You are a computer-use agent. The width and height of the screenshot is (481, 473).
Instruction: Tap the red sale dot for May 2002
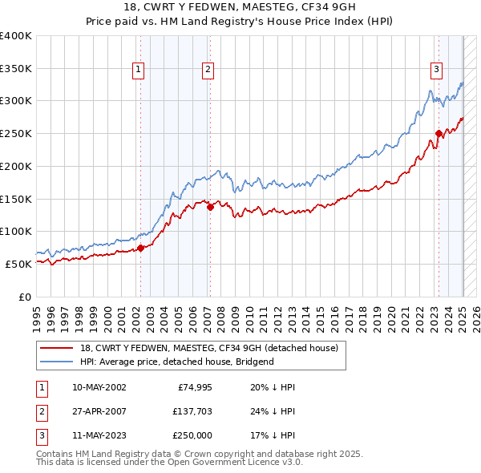tap(140, 248)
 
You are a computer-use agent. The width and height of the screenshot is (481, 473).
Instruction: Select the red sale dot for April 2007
tap(210, 207)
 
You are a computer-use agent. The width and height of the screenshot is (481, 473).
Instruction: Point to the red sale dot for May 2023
tap(439, 134)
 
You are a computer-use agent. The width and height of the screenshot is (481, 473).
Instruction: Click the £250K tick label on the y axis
tap(16, 133)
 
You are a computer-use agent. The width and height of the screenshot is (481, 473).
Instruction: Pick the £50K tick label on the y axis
tap(18, 264)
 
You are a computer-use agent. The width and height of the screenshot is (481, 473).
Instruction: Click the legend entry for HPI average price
tap(176, 362)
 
